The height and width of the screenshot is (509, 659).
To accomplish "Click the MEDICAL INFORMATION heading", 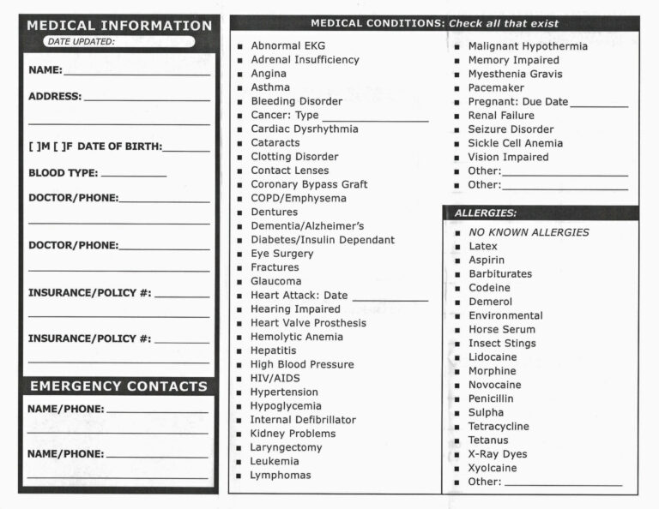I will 118,26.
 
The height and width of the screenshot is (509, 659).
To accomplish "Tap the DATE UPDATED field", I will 150,41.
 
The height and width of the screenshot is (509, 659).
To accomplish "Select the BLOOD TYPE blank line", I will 133,175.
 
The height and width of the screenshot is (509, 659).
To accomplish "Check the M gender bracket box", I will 36,147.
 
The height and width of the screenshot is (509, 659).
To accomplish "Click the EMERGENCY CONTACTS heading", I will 118,386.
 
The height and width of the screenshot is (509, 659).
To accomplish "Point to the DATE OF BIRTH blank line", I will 186,149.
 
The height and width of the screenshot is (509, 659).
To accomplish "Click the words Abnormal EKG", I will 287,45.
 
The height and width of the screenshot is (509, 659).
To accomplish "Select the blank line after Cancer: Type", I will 375,118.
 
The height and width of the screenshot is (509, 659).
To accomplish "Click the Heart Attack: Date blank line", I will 390,298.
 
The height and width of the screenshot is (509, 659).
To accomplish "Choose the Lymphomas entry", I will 281,475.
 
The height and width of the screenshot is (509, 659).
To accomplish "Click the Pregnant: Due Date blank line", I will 599,105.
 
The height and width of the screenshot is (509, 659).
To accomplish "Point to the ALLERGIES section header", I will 486,213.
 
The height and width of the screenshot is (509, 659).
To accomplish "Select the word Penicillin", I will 492,398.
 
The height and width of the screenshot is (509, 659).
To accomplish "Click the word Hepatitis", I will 274,350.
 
